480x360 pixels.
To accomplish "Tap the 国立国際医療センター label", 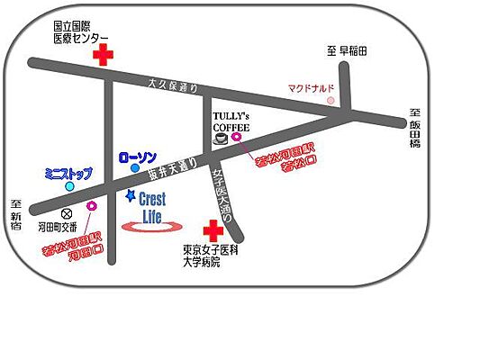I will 77,33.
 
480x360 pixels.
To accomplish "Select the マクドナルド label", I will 311,88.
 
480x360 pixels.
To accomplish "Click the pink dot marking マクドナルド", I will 331,100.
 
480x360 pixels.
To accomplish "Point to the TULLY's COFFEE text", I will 231,122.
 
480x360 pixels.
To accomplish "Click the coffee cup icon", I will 222,139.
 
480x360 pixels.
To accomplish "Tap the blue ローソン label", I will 138,157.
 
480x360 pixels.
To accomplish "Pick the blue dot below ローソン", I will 134,167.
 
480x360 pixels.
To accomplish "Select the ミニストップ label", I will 68,173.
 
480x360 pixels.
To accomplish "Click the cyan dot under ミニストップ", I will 69,186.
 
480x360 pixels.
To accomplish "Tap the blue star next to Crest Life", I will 131,195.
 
